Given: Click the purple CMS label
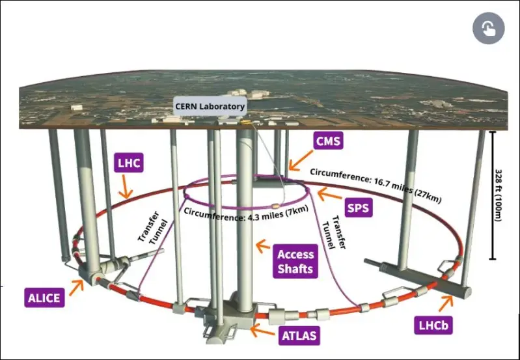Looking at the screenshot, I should pyautogui.click(x=327, y=141).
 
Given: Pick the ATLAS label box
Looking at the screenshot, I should pyautogui.click(x=299, y=337).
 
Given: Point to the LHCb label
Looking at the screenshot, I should pyautogui.click(x=431, y=323).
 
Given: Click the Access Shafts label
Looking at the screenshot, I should pyautogui.click(x=295, y=261).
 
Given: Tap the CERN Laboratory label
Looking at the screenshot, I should pyautogui.click(x=210, y=107).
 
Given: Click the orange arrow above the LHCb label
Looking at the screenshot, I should pyautogui.click(x=447, y=301).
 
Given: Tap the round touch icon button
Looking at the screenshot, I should pyautogui.click(x=489, y=28).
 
